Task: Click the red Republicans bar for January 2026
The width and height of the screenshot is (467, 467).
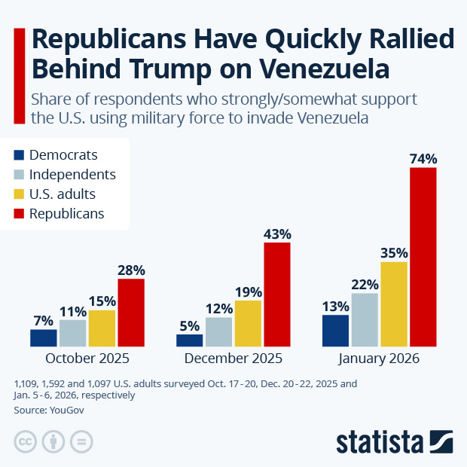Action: [423, 257]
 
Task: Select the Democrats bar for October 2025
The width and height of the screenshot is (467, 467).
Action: [44, 337]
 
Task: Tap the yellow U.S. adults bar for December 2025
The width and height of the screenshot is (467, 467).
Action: [248, 323]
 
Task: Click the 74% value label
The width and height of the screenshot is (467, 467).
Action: [423, 159]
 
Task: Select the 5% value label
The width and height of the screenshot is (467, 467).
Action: [189, 326]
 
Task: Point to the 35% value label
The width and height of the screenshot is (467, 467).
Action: [394, 253]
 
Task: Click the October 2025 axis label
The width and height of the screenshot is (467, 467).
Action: [87, 359]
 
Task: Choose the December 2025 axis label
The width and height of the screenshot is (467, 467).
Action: [233, 359]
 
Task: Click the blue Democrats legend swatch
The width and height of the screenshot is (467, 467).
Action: [19, 155]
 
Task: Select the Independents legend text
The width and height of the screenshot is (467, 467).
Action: [72, 175]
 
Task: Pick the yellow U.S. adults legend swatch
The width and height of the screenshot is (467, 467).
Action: [19, 194]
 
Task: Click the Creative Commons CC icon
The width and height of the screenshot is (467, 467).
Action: [26, 441]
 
